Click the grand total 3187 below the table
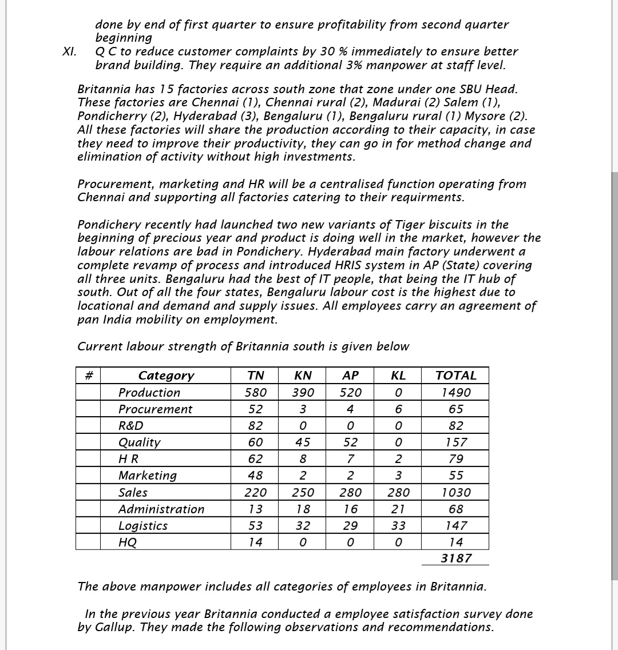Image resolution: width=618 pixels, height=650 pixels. click(455, 559)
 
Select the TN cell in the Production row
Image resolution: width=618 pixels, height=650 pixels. click(255, 393)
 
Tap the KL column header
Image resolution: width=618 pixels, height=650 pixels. click(398, 376)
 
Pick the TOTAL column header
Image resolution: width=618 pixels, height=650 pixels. click(455, 376)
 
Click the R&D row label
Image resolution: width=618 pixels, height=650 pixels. click(130, 426)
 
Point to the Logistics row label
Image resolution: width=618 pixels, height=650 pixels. click(142, 526)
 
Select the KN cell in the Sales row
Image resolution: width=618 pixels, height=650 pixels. click(303, 493)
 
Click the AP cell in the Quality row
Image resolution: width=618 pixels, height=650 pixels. click(350, 442)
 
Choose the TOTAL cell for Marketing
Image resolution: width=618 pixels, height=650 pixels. click(455, 476)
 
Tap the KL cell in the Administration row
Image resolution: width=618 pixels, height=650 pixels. click(398, 509)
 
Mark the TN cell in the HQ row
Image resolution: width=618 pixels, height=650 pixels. click(255, 543)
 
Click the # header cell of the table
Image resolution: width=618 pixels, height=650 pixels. click(88, 376)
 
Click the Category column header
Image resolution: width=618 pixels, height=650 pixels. click(166, 376)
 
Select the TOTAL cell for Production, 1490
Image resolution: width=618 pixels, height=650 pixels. click(455, 393)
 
